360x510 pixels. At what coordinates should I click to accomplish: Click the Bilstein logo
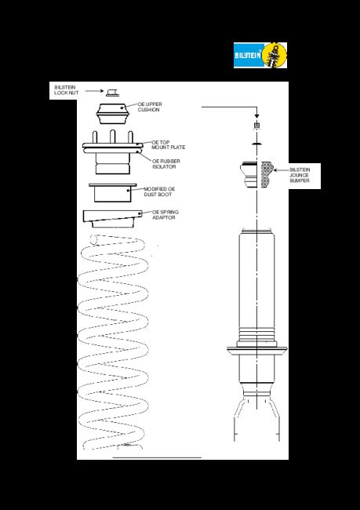260,55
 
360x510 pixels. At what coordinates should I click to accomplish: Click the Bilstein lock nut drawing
112,93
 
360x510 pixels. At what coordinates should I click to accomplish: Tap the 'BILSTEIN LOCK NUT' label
67,90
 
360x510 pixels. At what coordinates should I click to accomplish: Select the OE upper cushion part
112,114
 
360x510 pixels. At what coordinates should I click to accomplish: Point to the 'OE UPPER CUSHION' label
150,107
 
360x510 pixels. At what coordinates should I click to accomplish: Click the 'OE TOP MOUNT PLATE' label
168,144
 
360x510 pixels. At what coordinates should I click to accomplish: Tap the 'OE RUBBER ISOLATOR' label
165,164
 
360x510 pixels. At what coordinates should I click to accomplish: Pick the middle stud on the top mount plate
112,137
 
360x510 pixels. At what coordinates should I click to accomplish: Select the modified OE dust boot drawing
112,193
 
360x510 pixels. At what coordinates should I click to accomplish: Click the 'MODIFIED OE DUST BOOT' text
159,191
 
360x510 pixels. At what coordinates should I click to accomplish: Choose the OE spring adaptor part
113,219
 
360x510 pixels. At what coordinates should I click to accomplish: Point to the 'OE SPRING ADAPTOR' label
165,215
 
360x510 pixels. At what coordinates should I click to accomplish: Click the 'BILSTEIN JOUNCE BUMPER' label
300,175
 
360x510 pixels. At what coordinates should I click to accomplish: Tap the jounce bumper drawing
257,175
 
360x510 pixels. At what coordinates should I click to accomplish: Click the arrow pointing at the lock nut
94,91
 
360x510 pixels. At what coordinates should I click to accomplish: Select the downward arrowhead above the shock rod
256,116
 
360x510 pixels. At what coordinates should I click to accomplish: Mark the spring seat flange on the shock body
257,350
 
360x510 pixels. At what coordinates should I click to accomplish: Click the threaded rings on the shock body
257,335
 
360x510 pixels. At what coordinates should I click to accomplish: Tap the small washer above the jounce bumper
257,143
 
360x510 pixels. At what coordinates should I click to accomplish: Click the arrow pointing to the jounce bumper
281,169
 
